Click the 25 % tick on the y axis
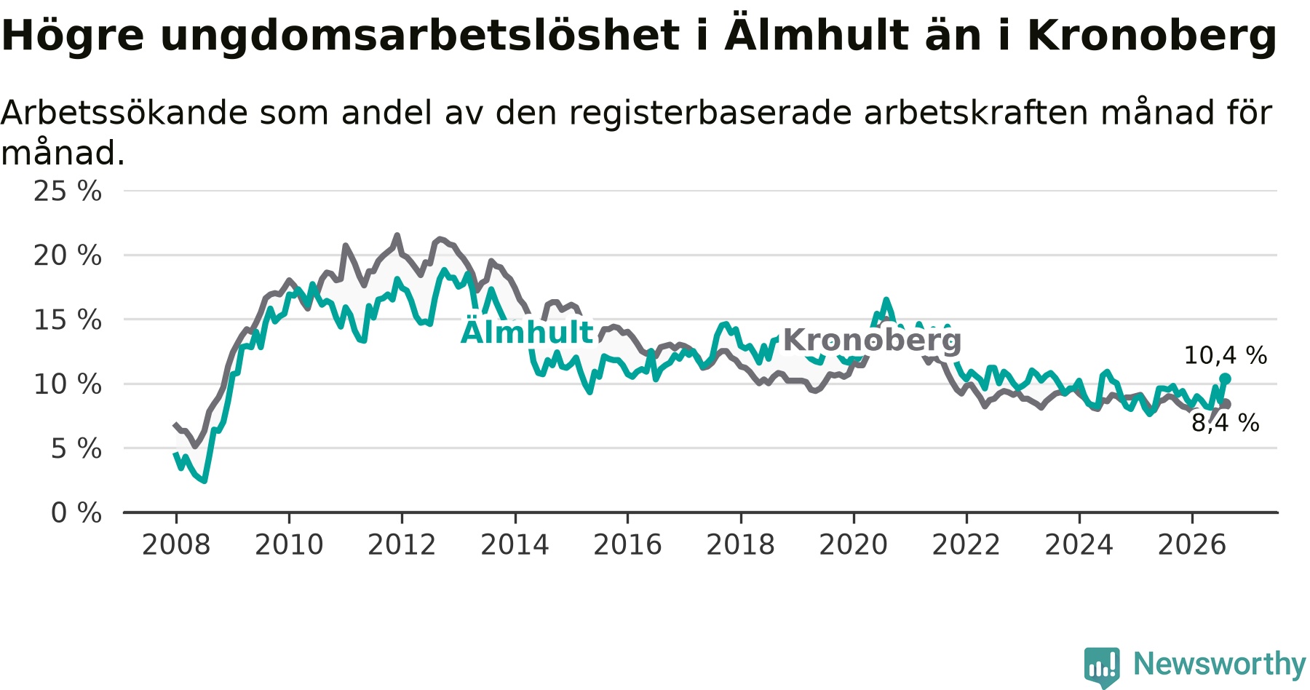68,191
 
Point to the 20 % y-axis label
68,255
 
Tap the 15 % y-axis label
68,320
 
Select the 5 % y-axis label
76,448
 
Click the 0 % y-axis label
76,513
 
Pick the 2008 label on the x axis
176,544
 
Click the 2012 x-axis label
402,544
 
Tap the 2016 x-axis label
627,544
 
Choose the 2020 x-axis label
854,544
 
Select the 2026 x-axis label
1192,544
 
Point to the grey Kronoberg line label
872,340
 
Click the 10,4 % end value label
1226,355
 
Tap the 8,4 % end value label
1226,423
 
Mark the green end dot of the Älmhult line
1225,378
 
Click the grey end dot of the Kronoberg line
1226,404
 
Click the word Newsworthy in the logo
1220,664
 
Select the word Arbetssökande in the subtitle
125,113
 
